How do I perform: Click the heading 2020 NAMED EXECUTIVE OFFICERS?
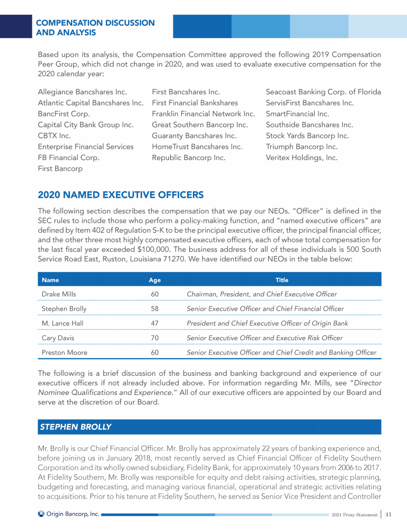click(120, 195)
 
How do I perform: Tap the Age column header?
click(154, 280)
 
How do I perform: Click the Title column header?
click(282, 280)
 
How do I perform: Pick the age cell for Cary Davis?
click(155, 338)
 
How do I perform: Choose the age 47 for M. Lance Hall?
click(155, 323)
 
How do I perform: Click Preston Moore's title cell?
click(281, 352)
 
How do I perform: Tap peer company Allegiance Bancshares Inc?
click(83, 92)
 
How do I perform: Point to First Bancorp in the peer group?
click(60, 169)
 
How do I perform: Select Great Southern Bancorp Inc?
click(200, 125)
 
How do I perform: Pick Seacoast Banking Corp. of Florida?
click(323, 92)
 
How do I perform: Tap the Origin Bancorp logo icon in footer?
click(41, 514)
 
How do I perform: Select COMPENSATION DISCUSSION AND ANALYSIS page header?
click(95, 28)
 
